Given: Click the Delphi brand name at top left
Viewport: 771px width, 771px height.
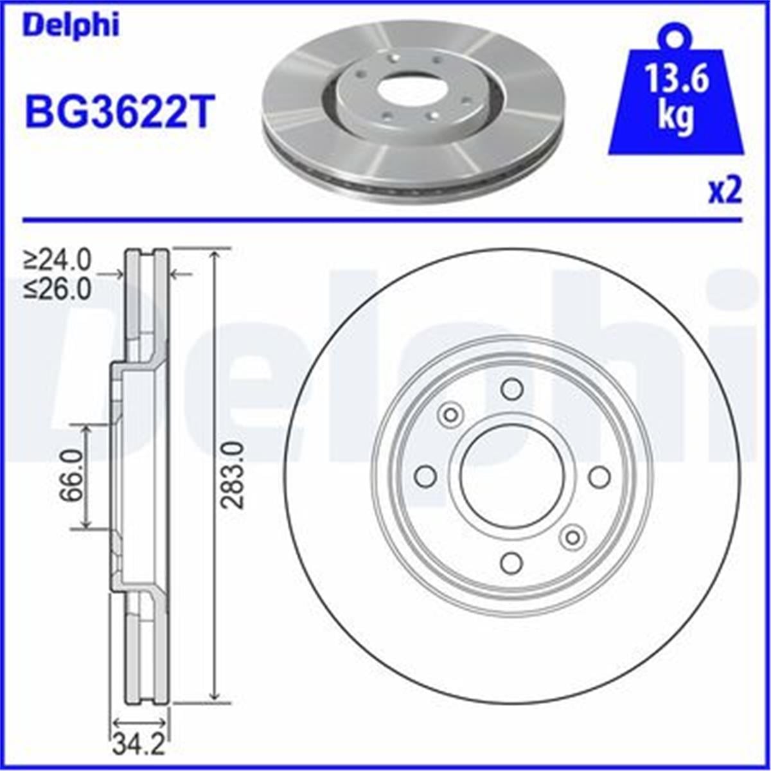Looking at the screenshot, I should point(71,26).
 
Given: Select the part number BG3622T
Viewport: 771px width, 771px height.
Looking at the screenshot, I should point(118,111).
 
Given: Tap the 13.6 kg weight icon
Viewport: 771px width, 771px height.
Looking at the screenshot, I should point(676,96).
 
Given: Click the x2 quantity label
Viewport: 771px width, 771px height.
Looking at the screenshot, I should point(725,191).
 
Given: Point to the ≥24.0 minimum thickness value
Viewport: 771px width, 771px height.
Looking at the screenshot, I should point(58,260).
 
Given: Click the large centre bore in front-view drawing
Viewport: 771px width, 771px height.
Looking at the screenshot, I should point(512,476).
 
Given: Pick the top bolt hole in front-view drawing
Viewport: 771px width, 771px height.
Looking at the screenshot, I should point(512,389).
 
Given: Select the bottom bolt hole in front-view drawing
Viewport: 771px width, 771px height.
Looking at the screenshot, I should point(511,563).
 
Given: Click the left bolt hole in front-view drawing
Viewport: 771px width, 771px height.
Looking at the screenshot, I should point(425,476).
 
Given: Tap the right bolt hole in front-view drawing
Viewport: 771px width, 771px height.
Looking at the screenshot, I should point(599,476).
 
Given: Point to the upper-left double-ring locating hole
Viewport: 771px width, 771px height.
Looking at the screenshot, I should point(451,414).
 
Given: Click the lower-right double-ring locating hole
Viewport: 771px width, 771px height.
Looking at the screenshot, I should point(572,536).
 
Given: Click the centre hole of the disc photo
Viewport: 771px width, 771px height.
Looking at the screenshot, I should point(407,91).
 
